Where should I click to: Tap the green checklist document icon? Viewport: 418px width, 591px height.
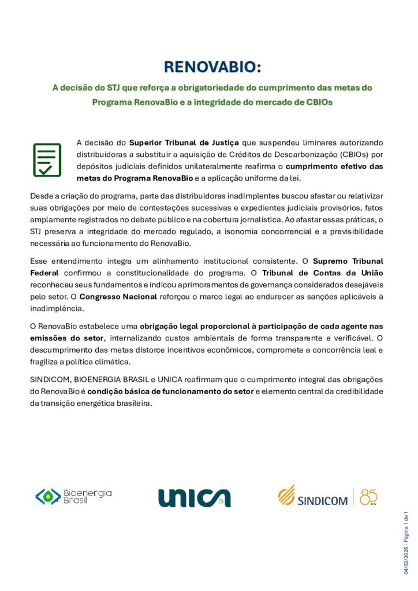[47, 160]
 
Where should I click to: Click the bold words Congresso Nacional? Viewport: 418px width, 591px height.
[118, 297]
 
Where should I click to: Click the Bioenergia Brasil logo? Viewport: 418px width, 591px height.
[73, 497]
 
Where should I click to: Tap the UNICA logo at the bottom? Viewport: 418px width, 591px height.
[195, 498]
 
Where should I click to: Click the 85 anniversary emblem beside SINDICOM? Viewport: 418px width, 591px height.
[368, 496]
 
